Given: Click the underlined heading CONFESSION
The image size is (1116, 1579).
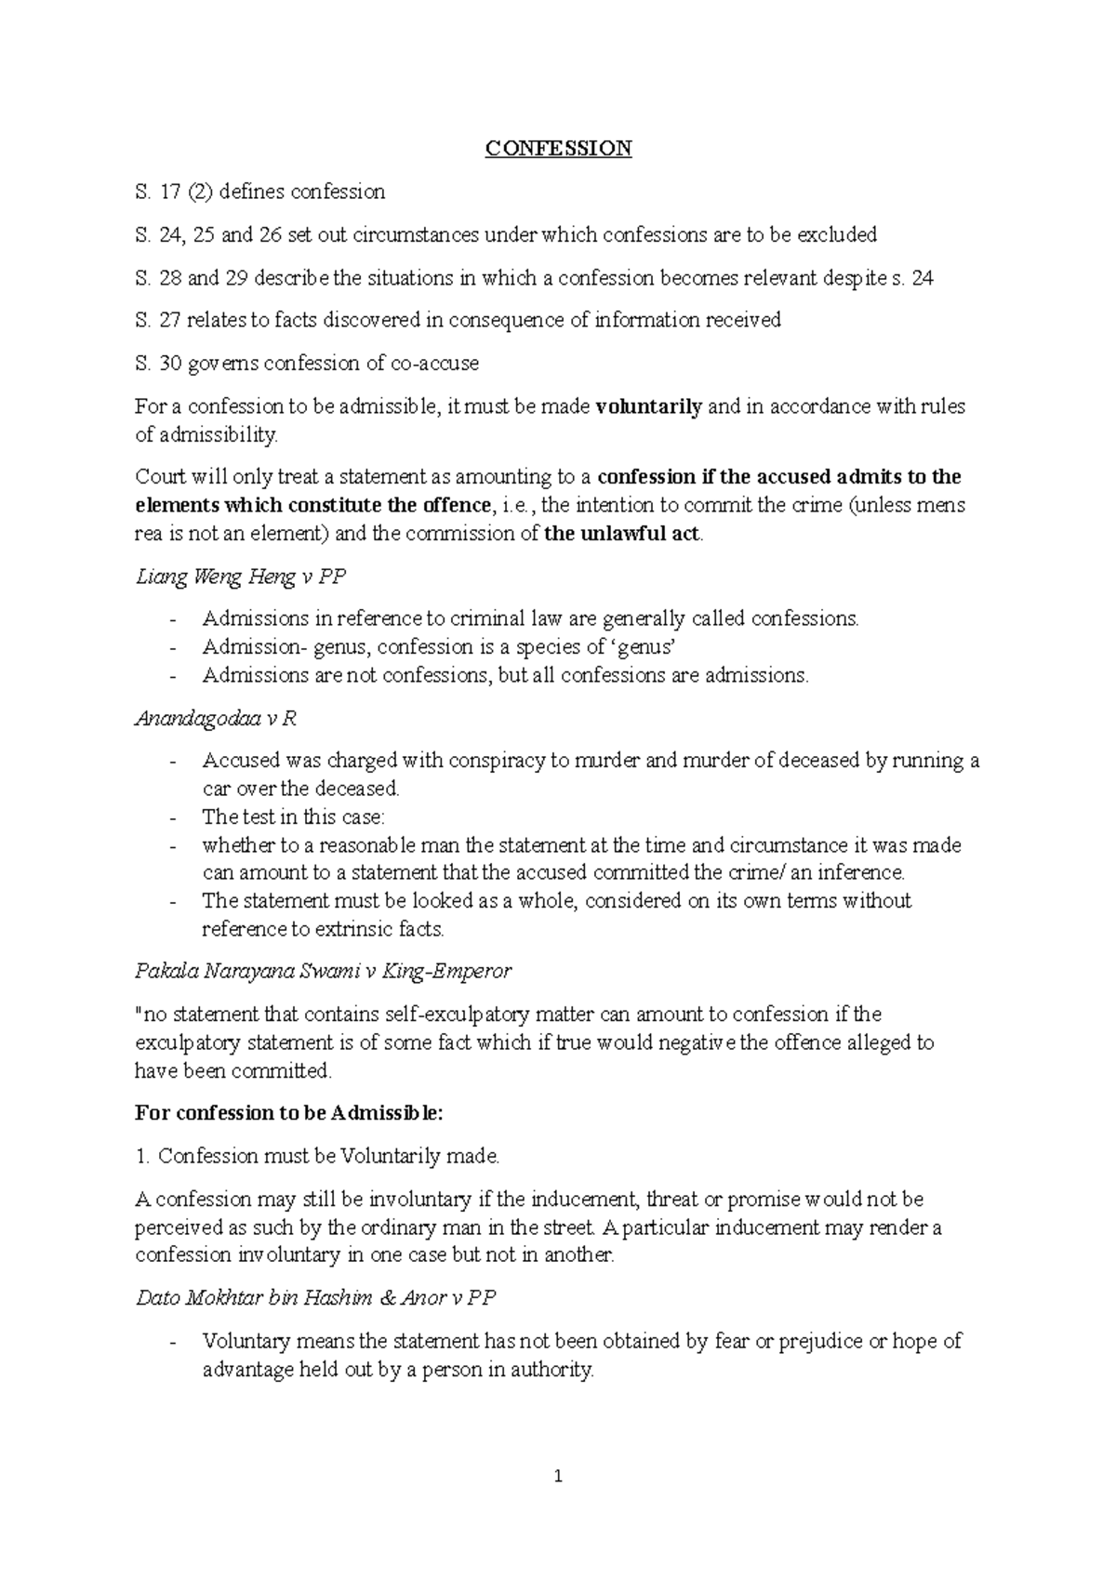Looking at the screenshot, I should point(558,149).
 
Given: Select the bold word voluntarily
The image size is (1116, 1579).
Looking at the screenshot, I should point(648,406).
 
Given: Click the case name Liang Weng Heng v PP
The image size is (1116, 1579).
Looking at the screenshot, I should point(240,577).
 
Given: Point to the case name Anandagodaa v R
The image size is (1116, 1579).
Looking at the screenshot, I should point(216,719).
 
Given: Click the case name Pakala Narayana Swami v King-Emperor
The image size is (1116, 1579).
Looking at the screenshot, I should point(323,972).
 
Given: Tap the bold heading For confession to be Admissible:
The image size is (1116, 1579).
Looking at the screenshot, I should point(289,1113).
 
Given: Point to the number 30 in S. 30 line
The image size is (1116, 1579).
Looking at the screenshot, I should point(170,364).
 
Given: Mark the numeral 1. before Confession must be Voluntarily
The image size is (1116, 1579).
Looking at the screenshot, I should point(142,1157).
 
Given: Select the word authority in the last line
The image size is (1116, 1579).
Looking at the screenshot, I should point(549,1370).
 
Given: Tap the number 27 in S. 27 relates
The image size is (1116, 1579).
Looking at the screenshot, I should point(170,321).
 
